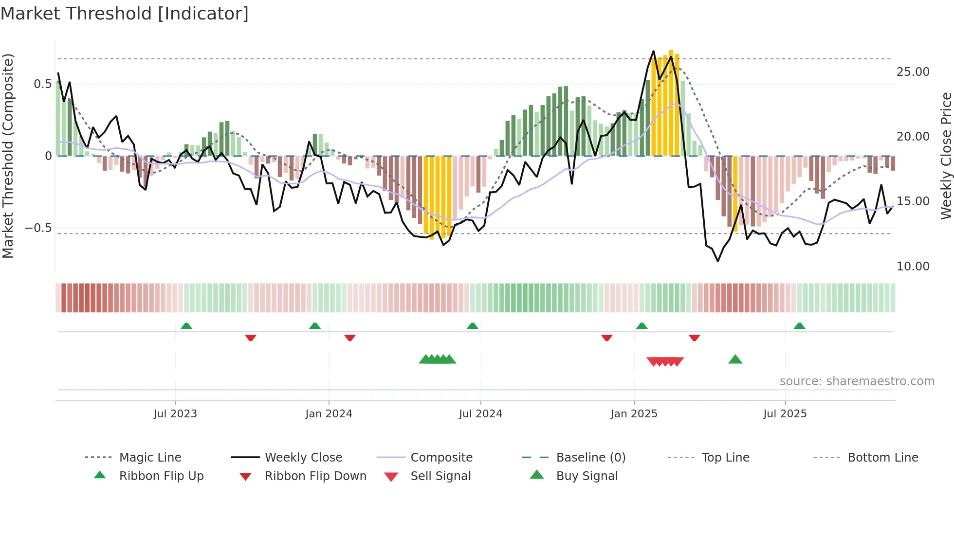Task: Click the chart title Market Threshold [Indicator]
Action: [x=125, y=14]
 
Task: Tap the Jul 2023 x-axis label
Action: [x=175, y=414]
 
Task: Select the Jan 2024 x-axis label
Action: [x=329, y=414]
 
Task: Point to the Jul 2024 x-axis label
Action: [x=480, y=414]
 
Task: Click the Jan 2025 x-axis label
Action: [x=634, y=414]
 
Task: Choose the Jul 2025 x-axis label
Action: [x=785, y=414]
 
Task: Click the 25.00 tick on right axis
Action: [x=913, y=72]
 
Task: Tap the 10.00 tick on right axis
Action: [x=913, y=267]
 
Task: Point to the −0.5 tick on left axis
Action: [x=38, y=228]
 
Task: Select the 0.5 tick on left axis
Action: [x=42, y=84]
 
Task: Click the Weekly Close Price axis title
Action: [x=946, y=156]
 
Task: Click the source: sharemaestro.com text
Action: [x=857, y=381]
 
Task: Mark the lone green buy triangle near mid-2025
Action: [x=735, y=359]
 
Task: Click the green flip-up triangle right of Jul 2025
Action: [x=799, y=326]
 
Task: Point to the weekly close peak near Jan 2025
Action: [x=653, y=51]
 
